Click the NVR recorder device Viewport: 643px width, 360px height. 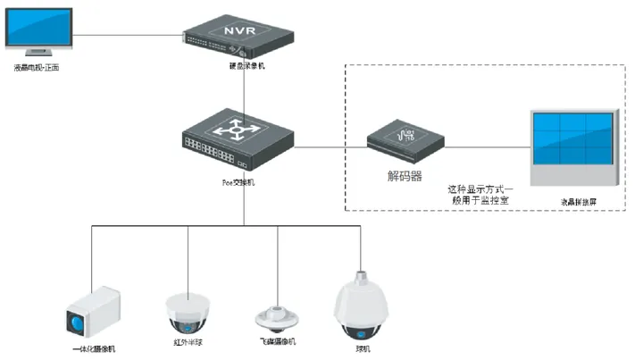238,38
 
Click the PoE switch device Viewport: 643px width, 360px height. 237,142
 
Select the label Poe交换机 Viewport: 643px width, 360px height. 238,181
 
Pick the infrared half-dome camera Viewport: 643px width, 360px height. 188,310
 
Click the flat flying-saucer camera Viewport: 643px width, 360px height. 278,316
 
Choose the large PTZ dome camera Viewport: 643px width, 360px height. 361,306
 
